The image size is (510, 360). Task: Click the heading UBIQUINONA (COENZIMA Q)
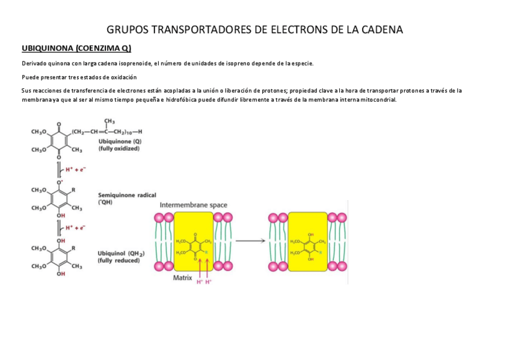click(x=76, y=47)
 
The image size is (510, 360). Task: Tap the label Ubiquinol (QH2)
click(x=118, y=253)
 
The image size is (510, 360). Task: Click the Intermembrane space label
click(x=193, y=205)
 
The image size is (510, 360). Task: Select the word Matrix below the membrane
click(x=182, y=278)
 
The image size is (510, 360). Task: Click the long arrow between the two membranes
click(x=250, y=240)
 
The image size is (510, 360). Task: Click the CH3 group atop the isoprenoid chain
click(x=109, y=121)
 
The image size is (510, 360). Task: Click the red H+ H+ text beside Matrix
click(x=204, y=282)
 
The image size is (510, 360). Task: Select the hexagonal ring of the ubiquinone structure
click(x=59, y=141)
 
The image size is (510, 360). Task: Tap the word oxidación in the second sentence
click(x=123, y=77)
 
